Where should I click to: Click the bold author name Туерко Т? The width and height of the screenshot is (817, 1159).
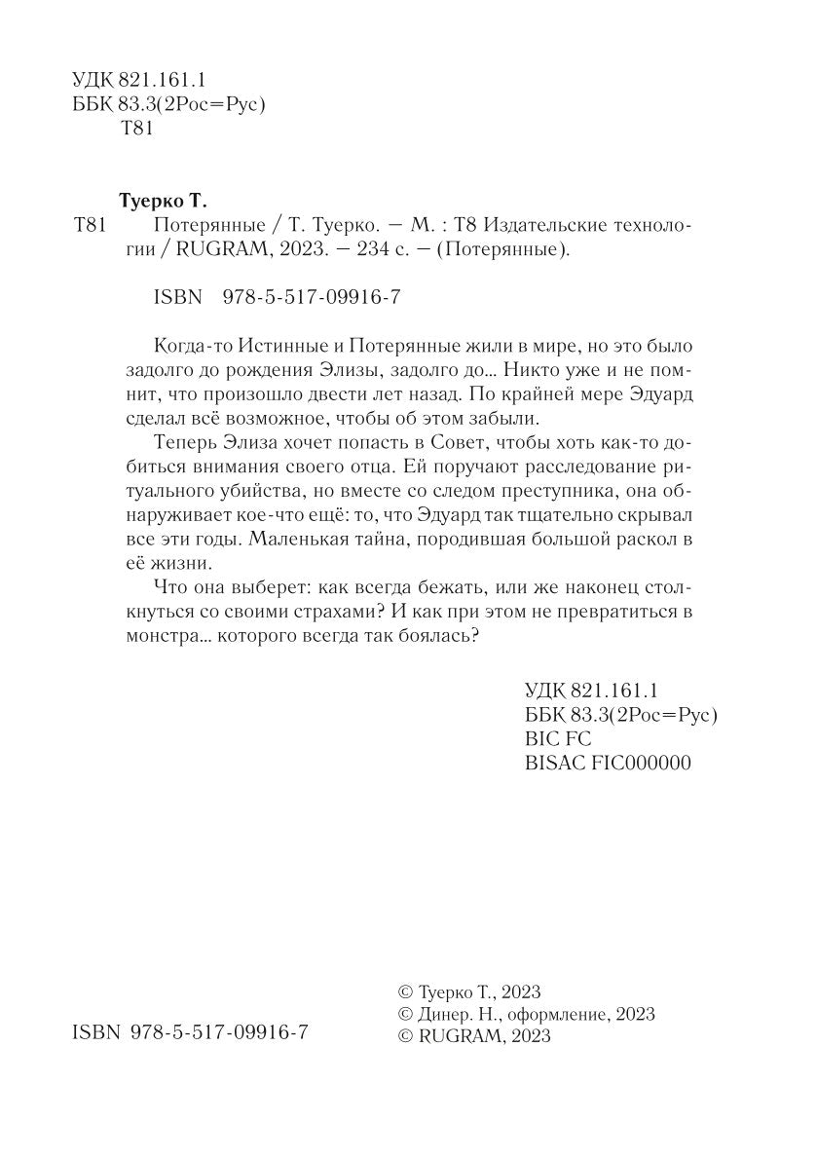(x=163, y=202)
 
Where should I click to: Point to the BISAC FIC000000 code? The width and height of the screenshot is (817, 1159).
(x=607, y=763)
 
